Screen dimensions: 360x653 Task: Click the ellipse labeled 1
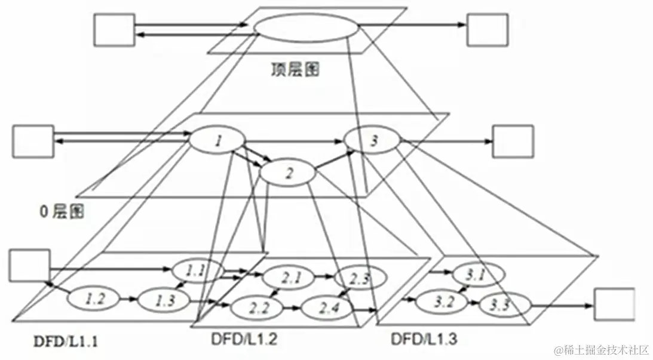coord(217,141)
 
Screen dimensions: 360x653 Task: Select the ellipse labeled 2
coord(288,173)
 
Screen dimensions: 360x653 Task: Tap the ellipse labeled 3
coord(373,141)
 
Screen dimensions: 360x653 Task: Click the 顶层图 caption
coord(295,70)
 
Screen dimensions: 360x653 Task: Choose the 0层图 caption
coord(60,211)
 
